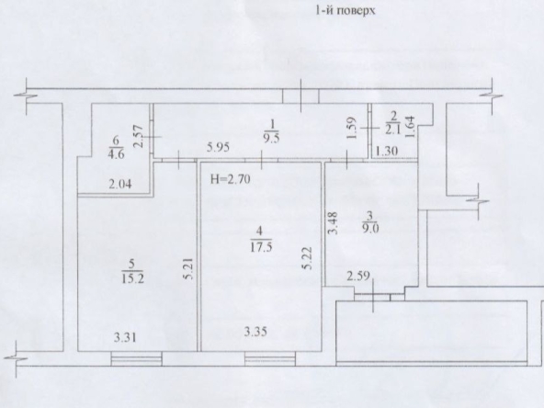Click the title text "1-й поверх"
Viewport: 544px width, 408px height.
pyautogui.click(x=346, y=11)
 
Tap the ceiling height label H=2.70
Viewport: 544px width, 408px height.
pyautogui.click(x=231, y=179)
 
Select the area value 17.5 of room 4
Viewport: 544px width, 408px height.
pyautogui.click(x=261, y=247)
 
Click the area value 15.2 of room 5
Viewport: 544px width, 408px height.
pyautogui.click(x=132, y=278)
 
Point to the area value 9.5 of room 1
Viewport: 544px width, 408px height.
pyautogui.click(x=272, y=137)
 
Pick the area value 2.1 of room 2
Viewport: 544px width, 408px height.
pyautogui.click(x=392, y=130)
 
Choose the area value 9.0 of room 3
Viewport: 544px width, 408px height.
pyautogui.click(x=369, y=229)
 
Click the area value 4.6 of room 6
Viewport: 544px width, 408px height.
pyautogui.click(x=116, y=154)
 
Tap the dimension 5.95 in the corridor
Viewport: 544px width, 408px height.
pyautogui.click(x=218, y=147)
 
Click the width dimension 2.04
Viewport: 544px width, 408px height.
pyautogui.click(x=120, y=184)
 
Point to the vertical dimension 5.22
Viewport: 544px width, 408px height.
pyautogui.click(x=307, y=258)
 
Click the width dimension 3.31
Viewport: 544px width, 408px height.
pyautogui.click(x=125, y=337)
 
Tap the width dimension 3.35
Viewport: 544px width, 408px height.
pyautogui.click(x=255, y=332)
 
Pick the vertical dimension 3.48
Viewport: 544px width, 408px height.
pyautogui.click(x=333, y=223)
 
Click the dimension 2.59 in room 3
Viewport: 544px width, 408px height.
pyautogui.click(x=358, y=277)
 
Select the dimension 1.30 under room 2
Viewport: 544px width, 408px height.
pyautogui.click(x=387, y=151)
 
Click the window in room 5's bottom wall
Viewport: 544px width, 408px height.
pyautogui.click(x=136, y=358)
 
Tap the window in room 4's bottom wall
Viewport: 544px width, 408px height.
pyautogui.click(x=270, y=358)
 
